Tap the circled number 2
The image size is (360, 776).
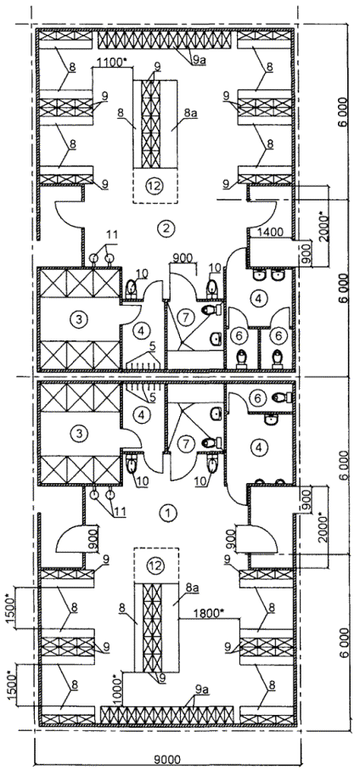click(x=164, y=228)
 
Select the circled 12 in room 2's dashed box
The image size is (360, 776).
click(x=155, y=186)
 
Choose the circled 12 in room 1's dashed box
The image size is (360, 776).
click(x=155, y=565)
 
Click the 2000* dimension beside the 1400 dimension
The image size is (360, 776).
click(x=323, y=226)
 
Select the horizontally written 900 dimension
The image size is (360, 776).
click(x=183, y=258)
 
